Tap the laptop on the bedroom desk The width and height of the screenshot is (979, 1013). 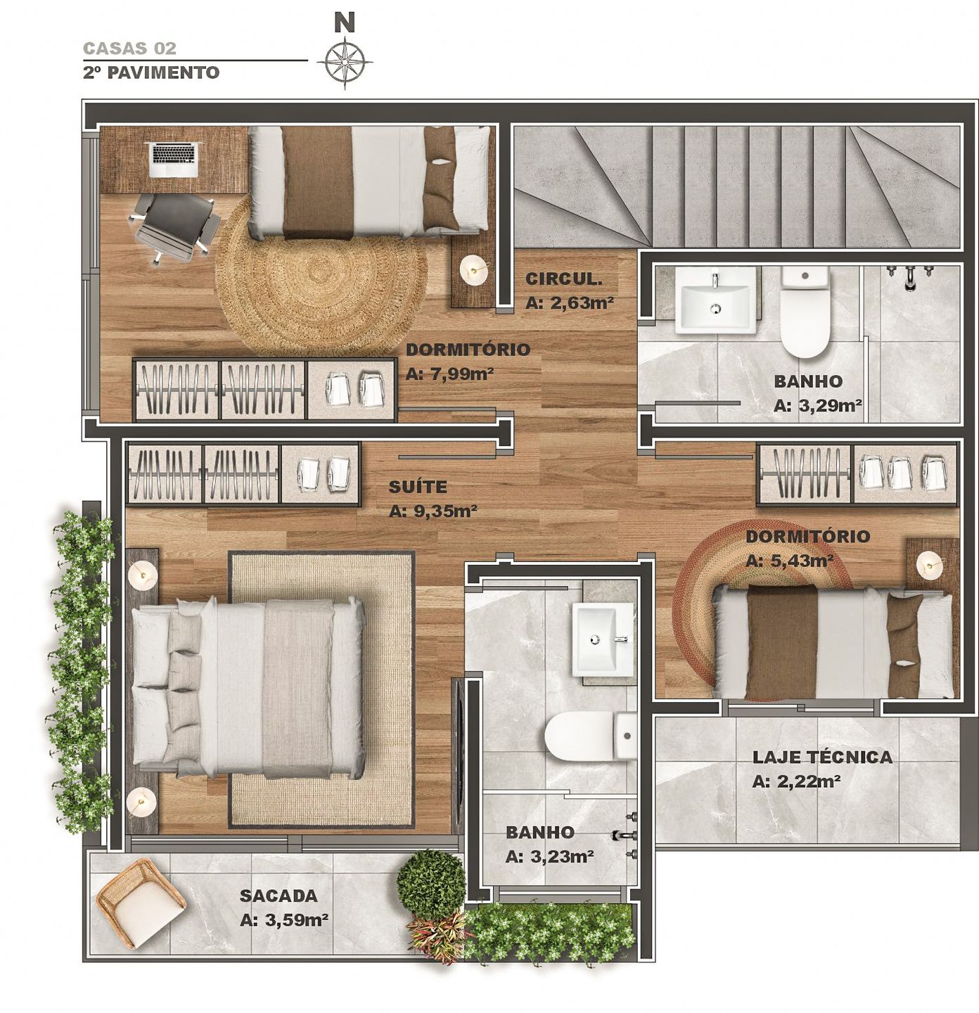[174, 159]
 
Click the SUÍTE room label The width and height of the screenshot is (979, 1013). [418, 487]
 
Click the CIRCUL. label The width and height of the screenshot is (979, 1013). [563, 279]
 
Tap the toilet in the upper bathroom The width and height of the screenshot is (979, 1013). [805, 313]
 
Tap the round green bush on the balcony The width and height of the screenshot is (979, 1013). [431, 882]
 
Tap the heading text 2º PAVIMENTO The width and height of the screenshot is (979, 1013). [151, 72]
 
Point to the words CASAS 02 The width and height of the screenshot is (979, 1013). [129, 49]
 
